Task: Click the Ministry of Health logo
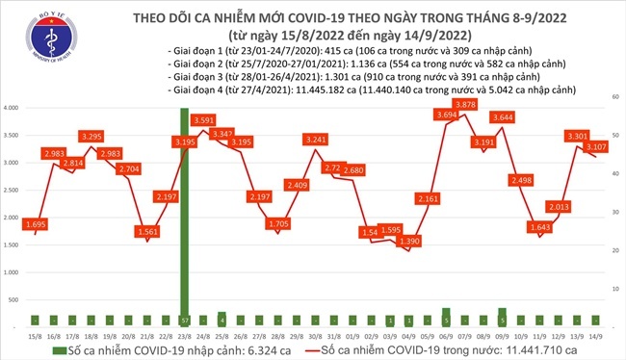[30, 39]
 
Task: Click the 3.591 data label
[203, 120]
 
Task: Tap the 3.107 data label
[594, 147]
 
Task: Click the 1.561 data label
[147, 232]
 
